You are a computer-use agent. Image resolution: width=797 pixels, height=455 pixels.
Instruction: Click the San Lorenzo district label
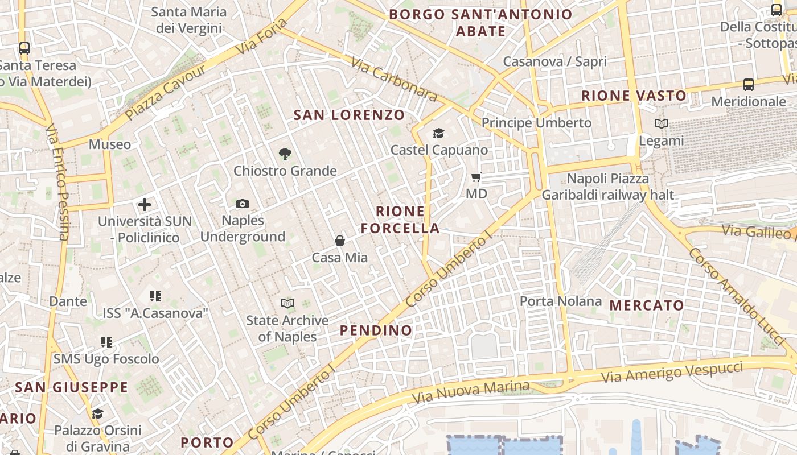[x=349, y=115]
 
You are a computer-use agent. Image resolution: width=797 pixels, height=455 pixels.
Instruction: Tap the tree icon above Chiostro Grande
[x=285, y=154]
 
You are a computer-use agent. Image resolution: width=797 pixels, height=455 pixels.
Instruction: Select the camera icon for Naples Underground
[x=243, y=204]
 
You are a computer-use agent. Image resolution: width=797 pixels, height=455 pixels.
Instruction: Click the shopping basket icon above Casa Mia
[x=340, y=241]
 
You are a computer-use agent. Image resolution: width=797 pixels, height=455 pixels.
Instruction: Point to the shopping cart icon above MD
[x=476, y=177]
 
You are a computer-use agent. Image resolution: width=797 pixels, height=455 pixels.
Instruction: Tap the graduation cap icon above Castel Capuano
[x=438, y=133]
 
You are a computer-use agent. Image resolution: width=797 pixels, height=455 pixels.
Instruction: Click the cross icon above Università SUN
[x=145, y=205]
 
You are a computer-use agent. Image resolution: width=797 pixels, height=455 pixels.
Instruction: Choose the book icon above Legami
[x=661, y=123]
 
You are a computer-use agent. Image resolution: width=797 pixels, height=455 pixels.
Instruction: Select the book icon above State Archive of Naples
[x=287, y=304]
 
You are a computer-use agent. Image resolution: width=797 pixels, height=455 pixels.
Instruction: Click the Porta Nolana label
[x=561, y=301]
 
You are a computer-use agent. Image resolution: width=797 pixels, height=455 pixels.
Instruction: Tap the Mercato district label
[x=647, y=305]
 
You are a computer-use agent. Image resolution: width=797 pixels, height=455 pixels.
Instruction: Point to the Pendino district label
[x=376, y=330]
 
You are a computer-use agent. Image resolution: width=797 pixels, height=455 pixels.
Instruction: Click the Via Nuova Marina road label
[x=470, y=392]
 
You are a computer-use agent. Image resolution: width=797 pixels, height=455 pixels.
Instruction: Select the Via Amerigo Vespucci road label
[x=672, y=372]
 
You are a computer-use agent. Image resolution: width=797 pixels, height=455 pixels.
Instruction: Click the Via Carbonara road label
[x=393, y=80]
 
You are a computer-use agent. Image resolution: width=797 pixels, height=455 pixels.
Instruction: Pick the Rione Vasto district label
[x=634, y=96]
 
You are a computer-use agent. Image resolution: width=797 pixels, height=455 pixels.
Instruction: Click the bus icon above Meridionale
[x=749, y=85]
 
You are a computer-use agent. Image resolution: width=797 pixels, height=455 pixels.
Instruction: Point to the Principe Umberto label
[x=536, y=123]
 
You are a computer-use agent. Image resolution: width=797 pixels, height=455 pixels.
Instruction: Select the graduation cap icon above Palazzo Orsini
[x=98, y=413]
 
